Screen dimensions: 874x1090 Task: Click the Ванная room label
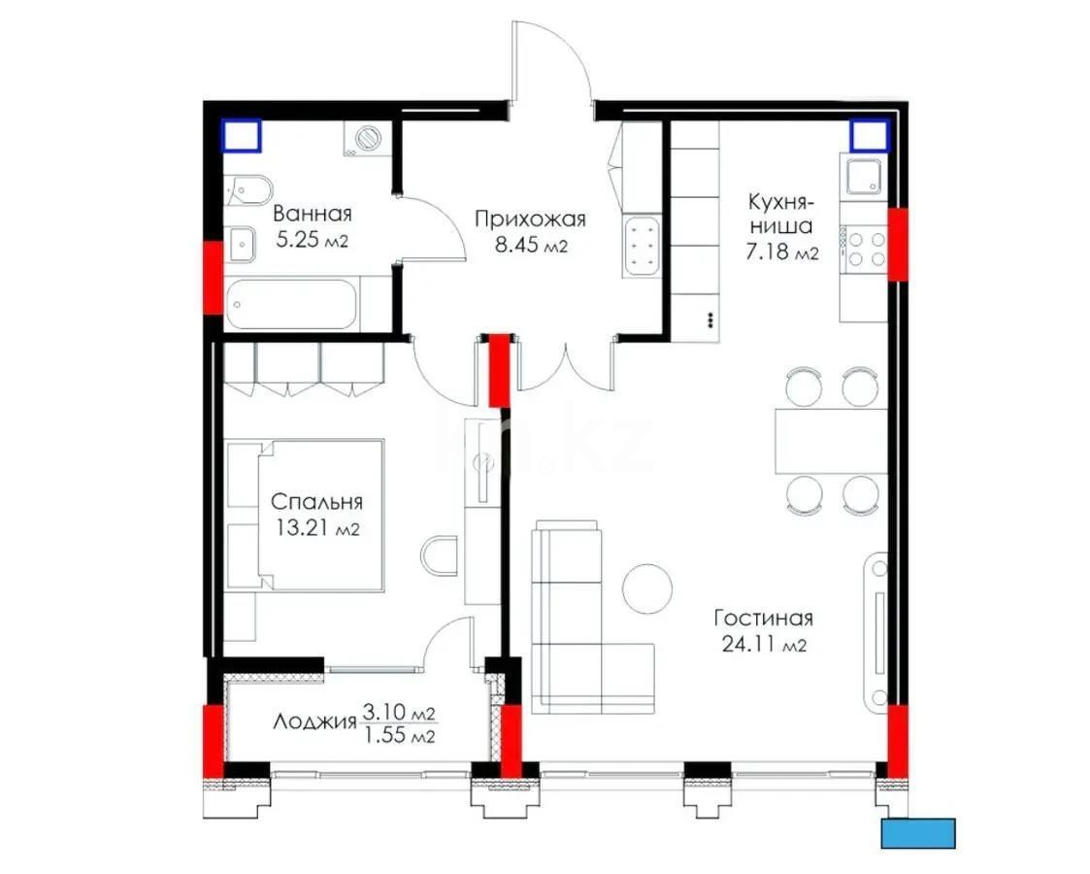[312, 214]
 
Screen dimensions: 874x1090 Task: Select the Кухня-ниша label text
[782, 215]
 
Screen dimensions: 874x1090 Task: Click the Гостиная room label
[763, 618]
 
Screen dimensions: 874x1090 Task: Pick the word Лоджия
[314, 722]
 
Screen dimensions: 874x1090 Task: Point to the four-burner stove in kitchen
[863, 246]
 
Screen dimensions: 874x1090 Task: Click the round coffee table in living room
[646, 588]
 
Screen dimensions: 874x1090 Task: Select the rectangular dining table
[830, 439]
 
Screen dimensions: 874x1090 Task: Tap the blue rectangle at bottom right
[917, 833]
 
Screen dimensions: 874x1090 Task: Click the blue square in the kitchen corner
[869, 135]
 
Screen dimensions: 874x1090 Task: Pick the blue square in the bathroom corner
[240, 135]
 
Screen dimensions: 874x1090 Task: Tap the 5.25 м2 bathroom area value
[312, 239]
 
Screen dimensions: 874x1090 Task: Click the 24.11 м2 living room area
[763, 645]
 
